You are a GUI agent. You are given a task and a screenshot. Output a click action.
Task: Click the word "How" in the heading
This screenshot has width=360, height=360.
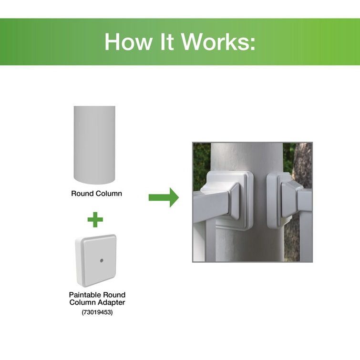tap(128, 42)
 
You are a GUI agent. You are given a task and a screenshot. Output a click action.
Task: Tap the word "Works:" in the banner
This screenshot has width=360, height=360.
tap(218, 42)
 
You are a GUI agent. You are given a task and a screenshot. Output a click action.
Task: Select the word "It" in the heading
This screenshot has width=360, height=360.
tap(166, 42)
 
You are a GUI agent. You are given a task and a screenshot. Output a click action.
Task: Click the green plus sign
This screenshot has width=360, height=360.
tap(95, 219)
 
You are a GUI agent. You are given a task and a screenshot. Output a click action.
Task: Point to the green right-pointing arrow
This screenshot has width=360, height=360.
tap(164, 197)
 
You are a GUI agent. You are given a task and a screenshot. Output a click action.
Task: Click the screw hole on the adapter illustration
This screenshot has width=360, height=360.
tap(102, 260)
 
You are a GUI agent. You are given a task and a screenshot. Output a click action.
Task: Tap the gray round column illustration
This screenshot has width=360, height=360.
tap(94, 145)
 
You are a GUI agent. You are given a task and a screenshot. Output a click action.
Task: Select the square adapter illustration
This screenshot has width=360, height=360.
tap(96, 261)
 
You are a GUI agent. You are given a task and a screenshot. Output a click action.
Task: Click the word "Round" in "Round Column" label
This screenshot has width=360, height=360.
tap(82, 194)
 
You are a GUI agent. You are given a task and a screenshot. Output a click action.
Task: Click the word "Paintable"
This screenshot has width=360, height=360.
tap(85, 295)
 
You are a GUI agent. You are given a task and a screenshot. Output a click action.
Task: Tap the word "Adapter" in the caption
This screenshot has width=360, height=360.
tap(112, 303)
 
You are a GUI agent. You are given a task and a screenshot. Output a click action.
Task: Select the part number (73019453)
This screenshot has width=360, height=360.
tap(97, 312)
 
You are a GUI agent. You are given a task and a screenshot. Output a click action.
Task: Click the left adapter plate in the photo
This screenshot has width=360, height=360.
tap(230, 200)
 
